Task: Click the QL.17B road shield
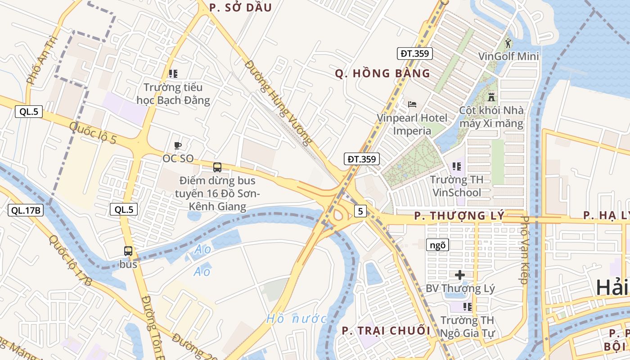[x=26, y=210]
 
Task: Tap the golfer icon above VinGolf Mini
[x=508, y=44]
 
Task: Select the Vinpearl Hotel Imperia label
[x=412, y=124]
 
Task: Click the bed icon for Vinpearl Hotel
[x=412, y=104]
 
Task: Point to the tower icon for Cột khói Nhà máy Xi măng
[x=491, y=97]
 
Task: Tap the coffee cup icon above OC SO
[x=178, y=145]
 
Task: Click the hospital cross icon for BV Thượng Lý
[x=460, y=274]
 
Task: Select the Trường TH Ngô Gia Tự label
[x=467, y=327]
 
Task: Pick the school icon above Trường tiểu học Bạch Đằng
[x=173, y=73]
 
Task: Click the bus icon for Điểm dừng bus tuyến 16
[x=217, y=167]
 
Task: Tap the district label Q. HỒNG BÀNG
[x=382, y=74]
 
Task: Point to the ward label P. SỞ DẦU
[x=241, y=8]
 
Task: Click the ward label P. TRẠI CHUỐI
[x=386, y=331]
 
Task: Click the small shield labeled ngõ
[x=437, y=245]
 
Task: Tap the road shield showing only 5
[x=360, y=211]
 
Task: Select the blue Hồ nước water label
[x=296, y=319]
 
